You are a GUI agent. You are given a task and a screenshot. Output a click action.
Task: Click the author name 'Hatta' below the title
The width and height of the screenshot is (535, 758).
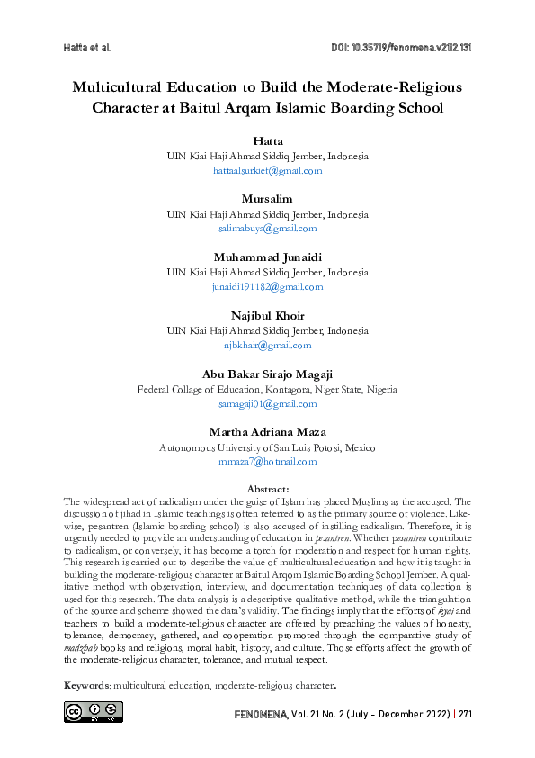pyautogui.click(x=267, y=142)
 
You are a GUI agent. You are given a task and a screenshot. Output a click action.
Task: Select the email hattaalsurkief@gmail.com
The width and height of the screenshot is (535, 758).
pyautogui.click(x=267, y=170)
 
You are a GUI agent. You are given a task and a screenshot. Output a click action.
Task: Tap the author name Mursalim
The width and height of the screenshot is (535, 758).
pyautogui.click(x=267, y=199)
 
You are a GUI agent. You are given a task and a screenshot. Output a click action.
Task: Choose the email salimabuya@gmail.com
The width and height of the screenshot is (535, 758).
pyautogui.click(x=267, y=229)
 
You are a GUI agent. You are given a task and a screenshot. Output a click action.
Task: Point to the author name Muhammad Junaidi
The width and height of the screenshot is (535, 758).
pyautogui.click(x=267, y=258)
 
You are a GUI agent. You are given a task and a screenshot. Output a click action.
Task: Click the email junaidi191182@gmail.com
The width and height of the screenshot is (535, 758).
pyautogui.click(x=267, y=286)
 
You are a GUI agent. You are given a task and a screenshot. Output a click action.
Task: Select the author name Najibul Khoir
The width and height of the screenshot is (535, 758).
pyautogui.click(x=267, y=316)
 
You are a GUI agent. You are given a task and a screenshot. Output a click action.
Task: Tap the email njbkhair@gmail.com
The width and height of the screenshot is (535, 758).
pyautogui.click(x=267, y=345)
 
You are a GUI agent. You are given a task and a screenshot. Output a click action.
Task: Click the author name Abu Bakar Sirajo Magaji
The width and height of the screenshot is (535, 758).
pyautogui.click(x=267, y=374)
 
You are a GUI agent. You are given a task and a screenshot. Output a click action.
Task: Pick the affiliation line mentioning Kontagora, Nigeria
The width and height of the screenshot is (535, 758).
pyautogui.click(x=267, y=390)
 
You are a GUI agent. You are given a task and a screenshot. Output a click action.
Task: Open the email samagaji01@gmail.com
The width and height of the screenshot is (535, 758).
pyautogui.click(x=267, y=404)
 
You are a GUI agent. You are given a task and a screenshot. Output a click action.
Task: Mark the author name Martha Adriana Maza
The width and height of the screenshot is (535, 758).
pyautogui.click(x=267, y=433)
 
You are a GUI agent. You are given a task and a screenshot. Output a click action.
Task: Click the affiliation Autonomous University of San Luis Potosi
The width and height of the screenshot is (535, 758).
pyautogui.click(x=267, y=447)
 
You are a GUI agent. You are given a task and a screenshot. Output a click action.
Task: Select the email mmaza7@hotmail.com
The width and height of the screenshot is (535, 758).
pyautogui.click(x=267, y=462)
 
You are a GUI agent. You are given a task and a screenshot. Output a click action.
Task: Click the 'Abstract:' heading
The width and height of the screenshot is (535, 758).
pyautogui.click(x=267, y=489)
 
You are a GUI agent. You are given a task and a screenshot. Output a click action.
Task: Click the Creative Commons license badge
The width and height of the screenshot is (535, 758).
pyautogui.click(x=93, y=712)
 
